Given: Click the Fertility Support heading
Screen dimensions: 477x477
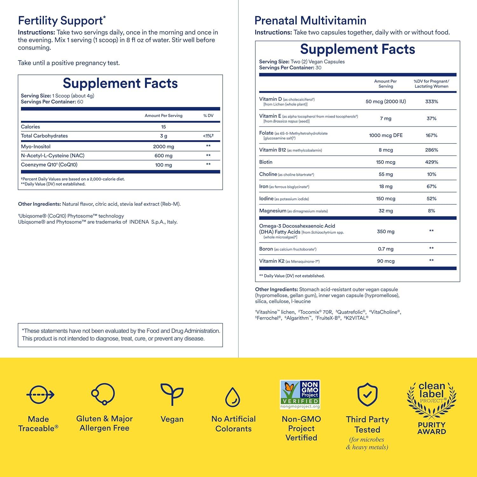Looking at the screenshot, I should tap(60, 21).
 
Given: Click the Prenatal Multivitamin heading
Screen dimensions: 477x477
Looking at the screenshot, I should tap(310, 21).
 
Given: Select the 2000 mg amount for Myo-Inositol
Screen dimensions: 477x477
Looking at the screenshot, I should tap(163, 147).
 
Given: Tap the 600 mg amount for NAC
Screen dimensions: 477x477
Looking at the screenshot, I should tap(163, 156).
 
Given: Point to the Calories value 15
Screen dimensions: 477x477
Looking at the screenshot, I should tap(163, 127).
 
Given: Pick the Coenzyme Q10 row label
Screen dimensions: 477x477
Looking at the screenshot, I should tap(49, 165).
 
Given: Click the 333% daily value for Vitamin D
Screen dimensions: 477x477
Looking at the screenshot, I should tap(432, 101).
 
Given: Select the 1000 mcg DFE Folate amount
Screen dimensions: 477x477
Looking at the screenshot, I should tap(386, 135).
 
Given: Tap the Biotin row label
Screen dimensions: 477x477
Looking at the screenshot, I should tap(266, 162).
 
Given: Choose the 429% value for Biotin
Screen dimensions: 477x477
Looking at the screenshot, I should tap(432, 162).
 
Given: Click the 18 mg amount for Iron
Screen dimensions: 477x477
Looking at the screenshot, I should tap(386, 186).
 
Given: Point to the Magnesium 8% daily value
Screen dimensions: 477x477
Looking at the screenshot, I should tap(432, 211).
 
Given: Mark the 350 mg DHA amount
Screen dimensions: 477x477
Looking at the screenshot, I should tap(386, 232).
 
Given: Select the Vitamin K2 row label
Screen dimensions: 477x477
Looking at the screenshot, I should tap(272, 261).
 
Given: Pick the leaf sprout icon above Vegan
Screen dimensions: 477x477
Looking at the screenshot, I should tap(172, 394).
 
